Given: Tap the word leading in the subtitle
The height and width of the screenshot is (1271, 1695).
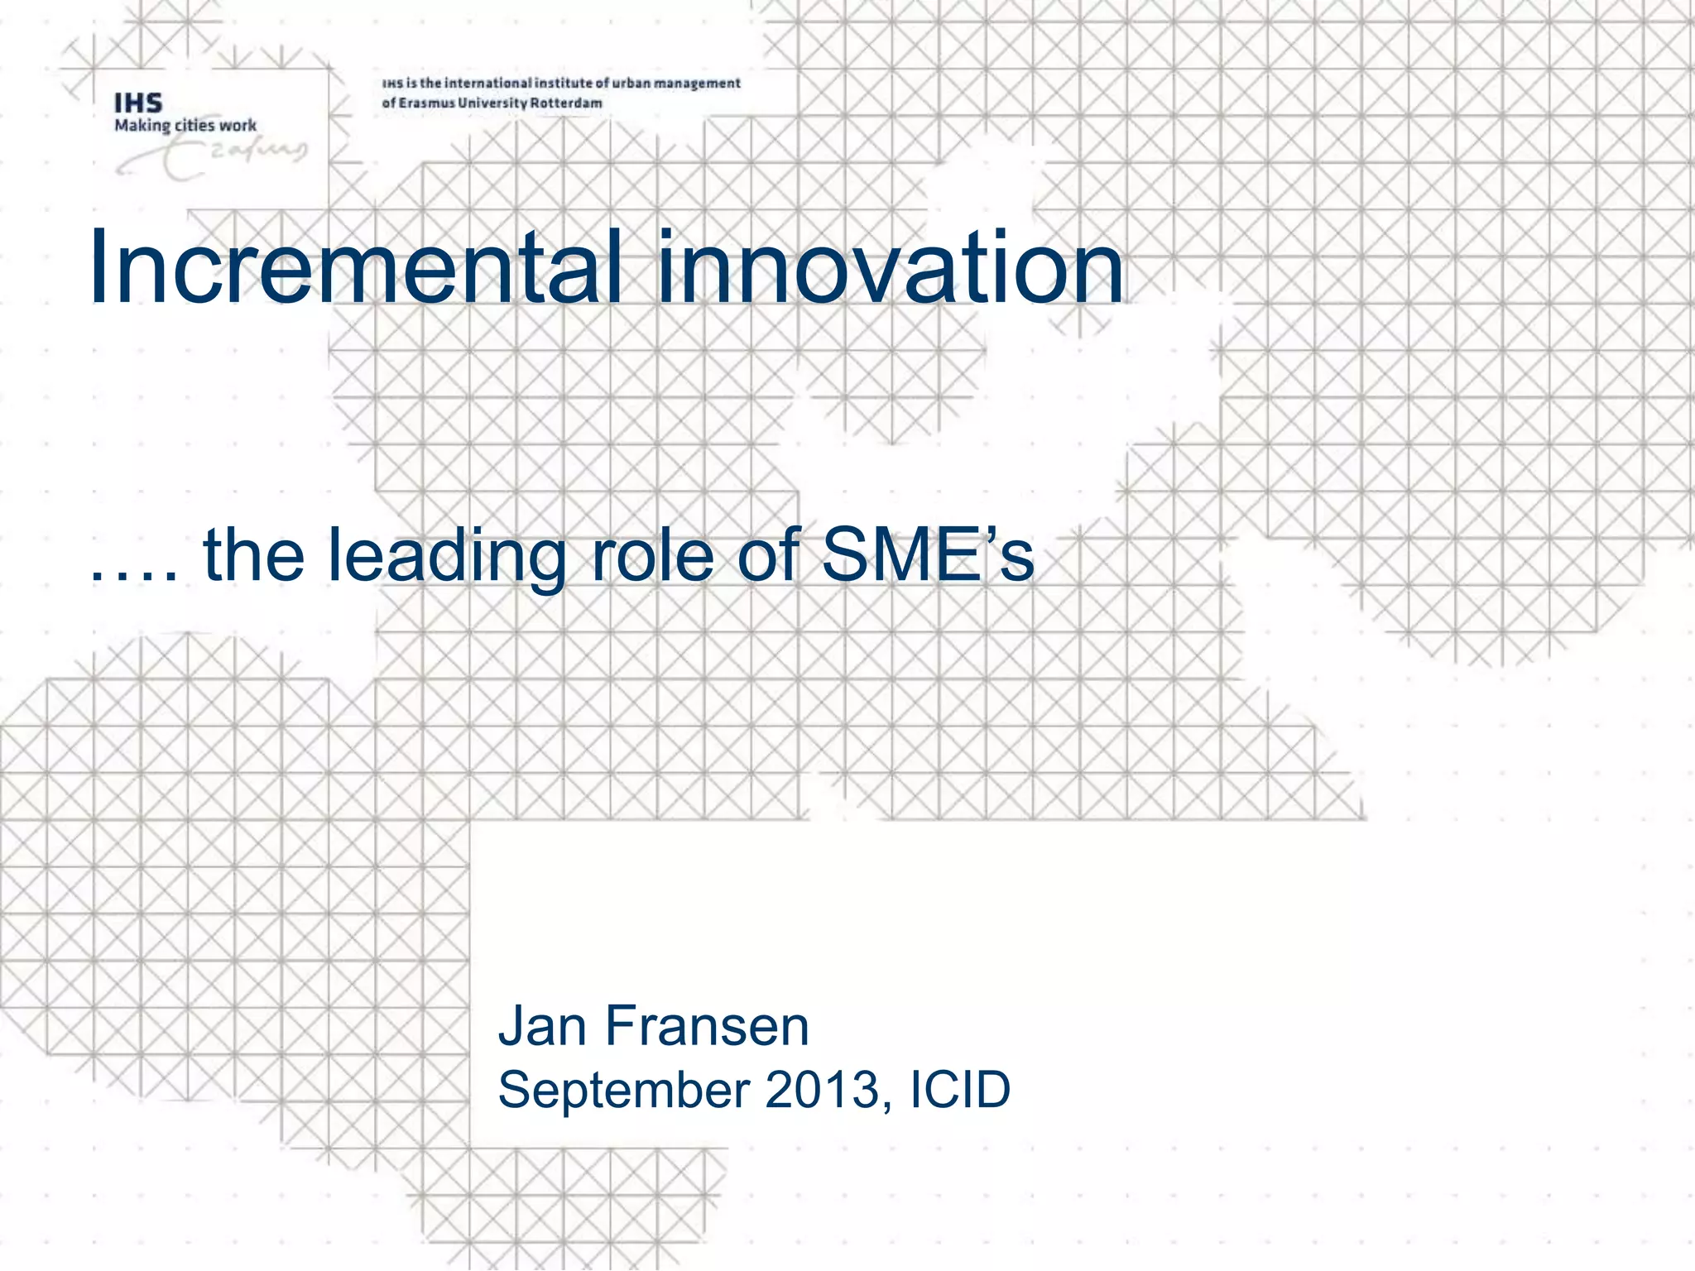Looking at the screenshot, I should [x=447, y=556].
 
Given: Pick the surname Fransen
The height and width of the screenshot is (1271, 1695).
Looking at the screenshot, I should [x=707, y=1026].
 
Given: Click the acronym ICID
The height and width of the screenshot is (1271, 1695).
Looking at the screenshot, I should [x=960, y=1089].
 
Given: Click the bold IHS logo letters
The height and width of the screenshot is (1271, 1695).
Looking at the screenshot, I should [x=138, y=103].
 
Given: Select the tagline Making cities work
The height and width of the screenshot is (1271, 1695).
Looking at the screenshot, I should [x=185, y=126].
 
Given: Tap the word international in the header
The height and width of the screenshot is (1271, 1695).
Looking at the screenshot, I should [x=487, y=83].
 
